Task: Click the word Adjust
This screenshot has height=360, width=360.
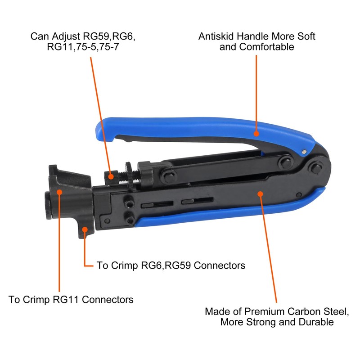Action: [x=63, y=36]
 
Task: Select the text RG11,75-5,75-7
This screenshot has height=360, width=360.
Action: [x=83, y=47]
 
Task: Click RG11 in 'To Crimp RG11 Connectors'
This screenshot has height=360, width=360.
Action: [x=58, y=299]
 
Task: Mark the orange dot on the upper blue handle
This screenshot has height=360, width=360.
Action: [x=256, y=133]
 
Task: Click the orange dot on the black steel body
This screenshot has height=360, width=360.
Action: [x=260, y=193]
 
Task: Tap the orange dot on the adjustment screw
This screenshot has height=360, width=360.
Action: [x=112, y=177]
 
